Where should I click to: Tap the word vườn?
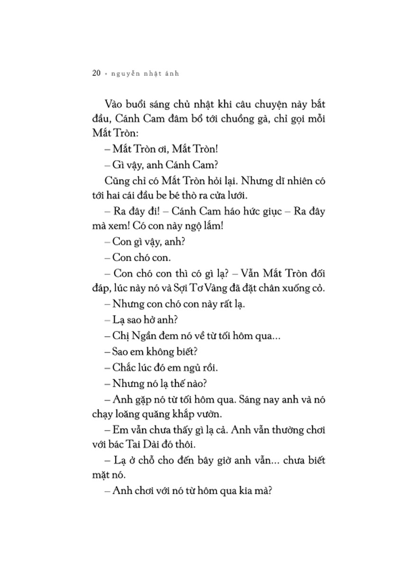click(x=209, y=414)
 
